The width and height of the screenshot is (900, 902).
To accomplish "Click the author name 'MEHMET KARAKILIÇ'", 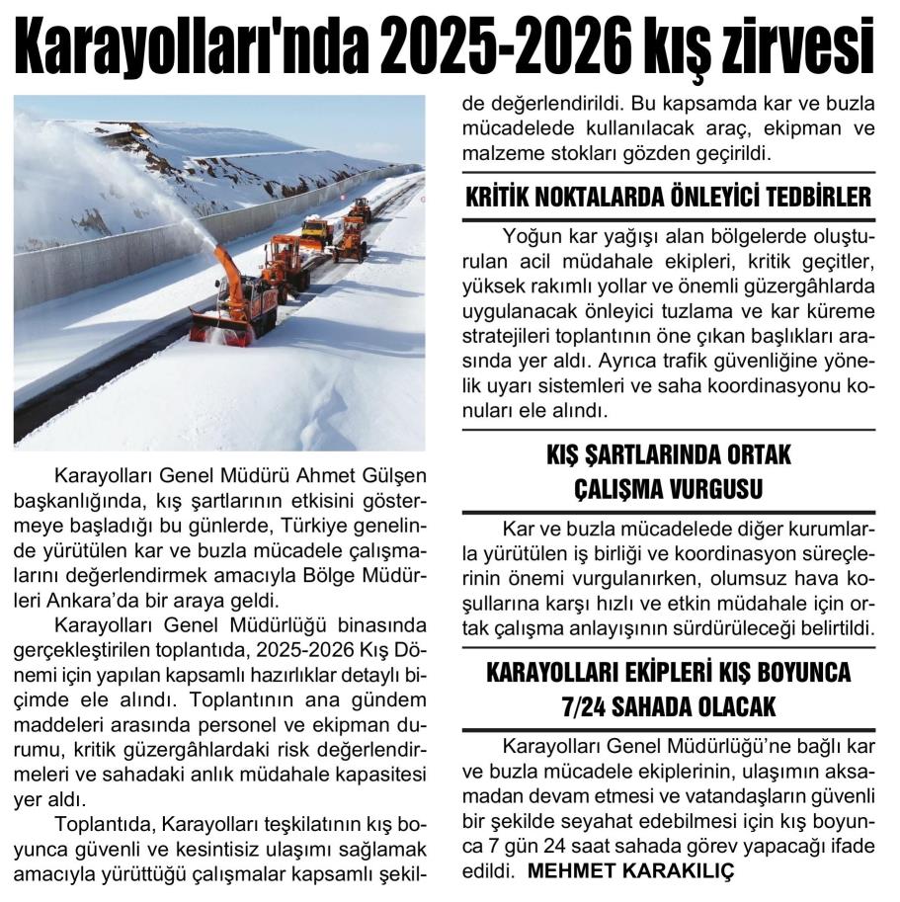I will [632, 872].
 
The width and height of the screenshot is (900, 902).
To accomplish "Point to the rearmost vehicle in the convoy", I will [362, 208].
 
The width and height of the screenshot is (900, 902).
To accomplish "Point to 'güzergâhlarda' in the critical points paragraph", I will [813, 287].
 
